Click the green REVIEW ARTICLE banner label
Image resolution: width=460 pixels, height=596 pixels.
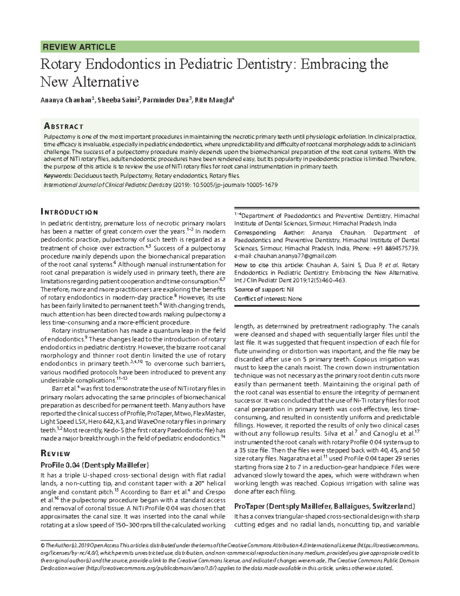pyautogui.click(x=79, y=47)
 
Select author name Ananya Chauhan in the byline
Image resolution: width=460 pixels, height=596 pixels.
pyautogui.click(x=66, y=101)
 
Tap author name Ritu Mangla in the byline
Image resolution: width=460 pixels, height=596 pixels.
pyautogui.click(x=213, y=101)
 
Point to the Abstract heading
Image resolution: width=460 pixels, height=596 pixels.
pyautogui.click(x=64, y=126)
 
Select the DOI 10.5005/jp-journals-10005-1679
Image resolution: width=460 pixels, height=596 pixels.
pyautogui.click(x=233, y=185)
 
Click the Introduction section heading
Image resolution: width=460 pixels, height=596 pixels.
pyautogui.click(x=69, y=212)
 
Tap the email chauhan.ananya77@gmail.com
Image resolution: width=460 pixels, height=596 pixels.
pyautogui.click(x=295, y=256)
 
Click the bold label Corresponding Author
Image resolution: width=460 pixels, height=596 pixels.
pyautogui.click(x=269, y=233)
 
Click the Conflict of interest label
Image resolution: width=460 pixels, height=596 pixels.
pyautogui.click(x=260, y=299)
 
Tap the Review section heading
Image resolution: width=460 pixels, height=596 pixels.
pyautogui.click(x=56, y=454)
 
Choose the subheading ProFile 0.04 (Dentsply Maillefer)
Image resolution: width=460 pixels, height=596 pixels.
pyautogui.click(x=94, y=465)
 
